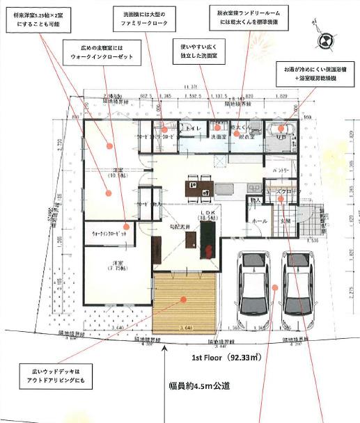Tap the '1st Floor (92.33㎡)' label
tap(226, 359)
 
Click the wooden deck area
tap(185, 302)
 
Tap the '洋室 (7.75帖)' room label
tap(105, 265)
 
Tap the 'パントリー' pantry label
tap(281, 170)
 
